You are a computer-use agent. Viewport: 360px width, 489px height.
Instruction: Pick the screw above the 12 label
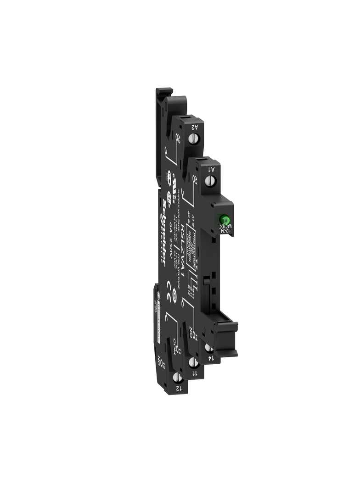tap(177, 377)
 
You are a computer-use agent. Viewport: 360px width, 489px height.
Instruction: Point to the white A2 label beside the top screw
tap(194, 127)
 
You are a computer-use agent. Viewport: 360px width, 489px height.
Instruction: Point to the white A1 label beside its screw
tap(211, 169)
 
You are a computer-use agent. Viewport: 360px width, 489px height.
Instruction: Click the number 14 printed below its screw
tap(211, 358)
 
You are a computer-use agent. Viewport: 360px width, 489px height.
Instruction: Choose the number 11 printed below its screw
tap(194, 373)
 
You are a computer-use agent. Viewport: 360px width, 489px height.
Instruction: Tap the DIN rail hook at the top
tap(162, 99)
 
